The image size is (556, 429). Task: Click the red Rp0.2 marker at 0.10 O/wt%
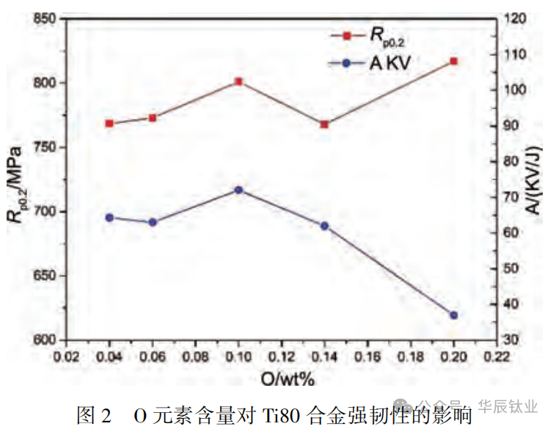(x=238, y=81)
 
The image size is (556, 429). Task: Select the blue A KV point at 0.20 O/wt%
(x=453, y=315)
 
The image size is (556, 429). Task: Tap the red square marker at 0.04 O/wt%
(x=109, y=123)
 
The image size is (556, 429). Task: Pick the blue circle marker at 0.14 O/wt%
(x=324, y=226)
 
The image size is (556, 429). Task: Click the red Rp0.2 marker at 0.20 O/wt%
(x=453, y=61)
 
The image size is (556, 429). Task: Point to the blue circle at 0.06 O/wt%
(x=153, y=222)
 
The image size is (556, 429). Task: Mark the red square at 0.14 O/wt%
(x=324, y=124)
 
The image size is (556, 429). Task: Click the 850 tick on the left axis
(x=48, y=18)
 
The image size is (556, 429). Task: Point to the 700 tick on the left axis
(x=48, y=212)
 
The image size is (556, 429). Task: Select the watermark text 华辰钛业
(x=508, y=406)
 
